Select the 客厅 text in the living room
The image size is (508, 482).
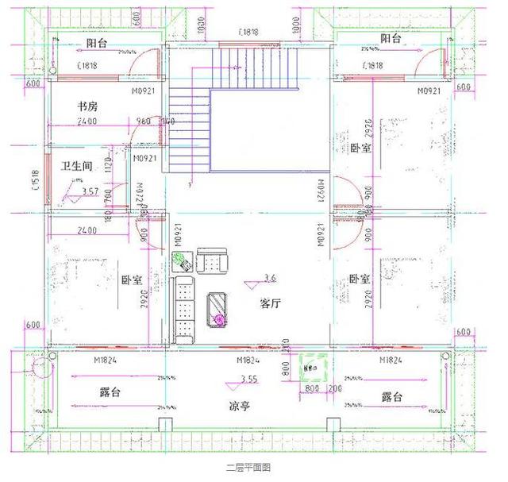click(270, 303)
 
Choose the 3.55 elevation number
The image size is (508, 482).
click(248, 380)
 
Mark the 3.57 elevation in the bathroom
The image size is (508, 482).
click(90, 191)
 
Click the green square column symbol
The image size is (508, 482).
click(310, 367)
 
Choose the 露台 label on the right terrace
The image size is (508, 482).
click(391, 396)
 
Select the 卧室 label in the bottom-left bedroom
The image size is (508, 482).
click(132, 280)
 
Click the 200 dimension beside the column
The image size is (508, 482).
click(335, 389)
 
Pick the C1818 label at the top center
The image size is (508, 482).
click(251, 33)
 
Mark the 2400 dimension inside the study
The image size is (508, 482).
click(87, 121)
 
